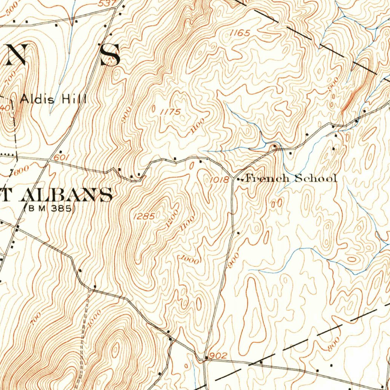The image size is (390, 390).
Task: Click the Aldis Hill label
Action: click(x=53, y=100)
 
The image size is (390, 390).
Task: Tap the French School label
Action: click(x=291, y=178)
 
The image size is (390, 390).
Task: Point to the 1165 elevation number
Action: click(x=240, y=34)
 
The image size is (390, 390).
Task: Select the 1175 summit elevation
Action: click(x=170, y=112)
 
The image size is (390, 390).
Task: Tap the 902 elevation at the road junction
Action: click(x=218, y=356)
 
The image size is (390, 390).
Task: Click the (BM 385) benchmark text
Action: click(x=50, y=208)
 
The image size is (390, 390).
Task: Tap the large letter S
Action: click(x=110, y=54)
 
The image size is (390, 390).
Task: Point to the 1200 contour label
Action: click(x=172, y=218)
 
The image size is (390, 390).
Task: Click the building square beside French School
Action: click(x=239, y=179)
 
